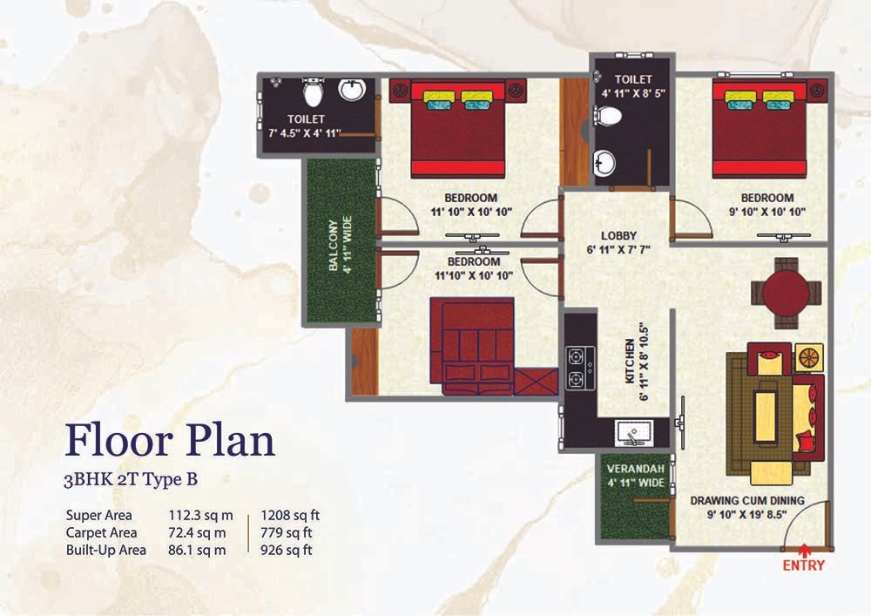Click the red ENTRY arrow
803,551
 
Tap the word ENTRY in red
804,565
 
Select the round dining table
786,294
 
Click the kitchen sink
633,433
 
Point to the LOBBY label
618,235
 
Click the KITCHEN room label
630,361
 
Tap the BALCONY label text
334,245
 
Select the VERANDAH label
636,469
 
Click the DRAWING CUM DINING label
747,500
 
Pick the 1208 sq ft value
290,516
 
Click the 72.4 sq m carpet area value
197,532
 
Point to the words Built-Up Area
106,550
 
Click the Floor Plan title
170,441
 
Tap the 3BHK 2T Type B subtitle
131,479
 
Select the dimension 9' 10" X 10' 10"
767,212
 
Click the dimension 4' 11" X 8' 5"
633,93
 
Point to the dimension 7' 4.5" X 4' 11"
304,133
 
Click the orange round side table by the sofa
808,357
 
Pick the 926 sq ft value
286,550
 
